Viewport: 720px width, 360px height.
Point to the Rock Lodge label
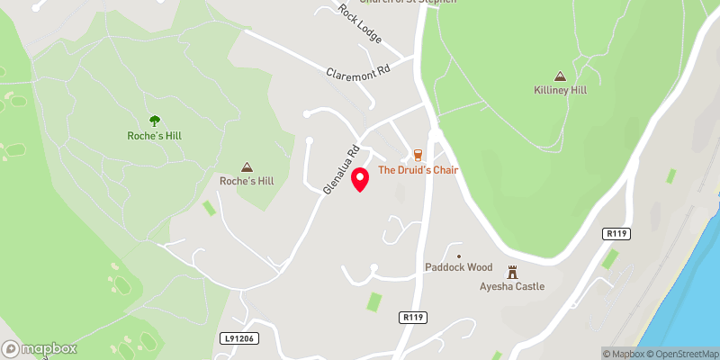360,24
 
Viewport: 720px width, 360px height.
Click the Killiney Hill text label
560,91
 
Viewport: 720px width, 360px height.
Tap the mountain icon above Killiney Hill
560,76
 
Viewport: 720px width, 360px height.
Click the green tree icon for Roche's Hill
155,120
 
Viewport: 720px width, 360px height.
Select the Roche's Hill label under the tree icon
155,135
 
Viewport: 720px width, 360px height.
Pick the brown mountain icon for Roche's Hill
247,166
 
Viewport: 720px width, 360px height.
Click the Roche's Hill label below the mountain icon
247,181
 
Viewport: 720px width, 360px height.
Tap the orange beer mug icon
418,155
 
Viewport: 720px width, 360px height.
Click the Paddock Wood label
458,267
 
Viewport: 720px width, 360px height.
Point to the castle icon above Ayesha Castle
513,271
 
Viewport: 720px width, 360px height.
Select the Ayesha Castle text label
512,288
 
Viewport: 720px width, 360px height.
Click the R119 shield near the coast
616,234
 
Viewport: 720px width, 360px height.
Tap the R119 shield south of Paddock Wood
412,317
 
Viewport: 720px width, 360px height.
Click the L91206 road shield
238,338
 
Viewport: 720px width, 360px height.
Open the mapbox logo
39,348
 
